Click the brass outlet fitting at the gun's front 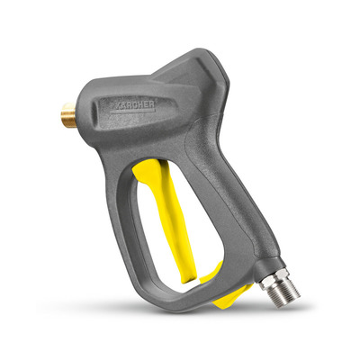[x=68, y=115]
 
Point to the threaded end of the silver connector [x=287, y=289]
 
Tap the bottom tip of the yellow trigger [x=188, y=279]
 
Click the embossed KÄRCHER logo [x=133, y=105]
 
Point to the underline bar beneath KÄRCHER [x=132, y=112]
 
